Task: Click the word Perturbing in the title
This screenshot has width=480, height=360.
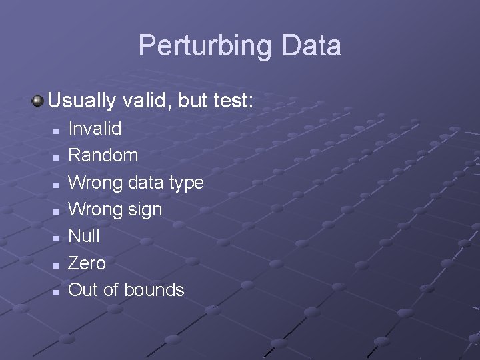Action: [x=205, y=46]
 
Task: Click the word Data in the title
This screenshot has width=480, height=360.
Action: [x=311, y=46]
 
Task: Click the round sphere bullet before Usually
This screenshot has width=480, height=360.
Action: [x=37, y=101]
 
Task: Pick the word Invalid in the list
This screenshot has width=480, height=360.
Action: [x=95, y=128]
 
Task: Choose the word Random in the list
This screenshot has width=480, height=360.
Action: [x=103, y=155]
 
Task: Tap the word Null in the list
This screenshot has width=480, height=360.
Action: [x=84, y=236]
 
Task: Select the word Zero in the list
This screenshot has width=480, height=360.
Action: [x=87, y=263]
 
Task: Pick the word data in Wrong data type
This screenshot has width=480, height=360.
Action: [x=145, y=183]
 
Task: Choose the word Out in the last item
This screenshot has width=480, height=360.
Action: [x=83, y=290]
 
